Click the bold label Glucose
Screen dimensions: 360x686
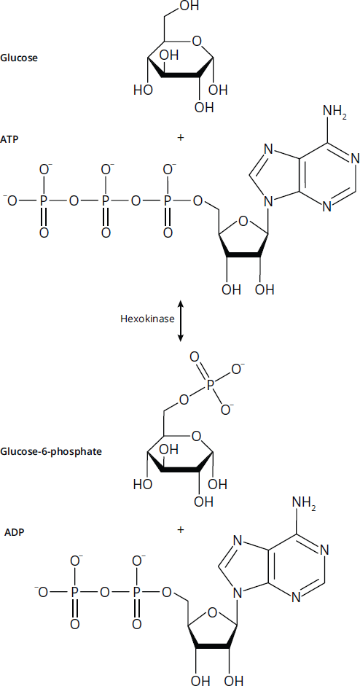click(19, 58)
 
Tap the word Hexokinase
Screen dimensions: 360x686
click(147, 319)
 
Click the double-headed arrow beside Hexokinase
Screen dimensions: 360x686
click(180, 321)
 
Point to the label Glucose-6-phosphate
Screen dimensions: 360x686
click(51, 451)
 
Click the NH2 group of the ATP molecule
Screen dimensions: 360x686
click(335, 110)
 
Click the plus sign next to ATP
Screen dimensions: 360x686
click(180, 137)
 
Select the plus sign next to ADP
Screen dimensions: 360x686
click(180, 530)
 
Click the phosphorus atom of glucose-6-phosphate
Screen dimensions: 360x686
click(211, 385)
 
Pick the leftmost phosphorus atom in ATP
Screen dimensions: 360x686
click(43, 201)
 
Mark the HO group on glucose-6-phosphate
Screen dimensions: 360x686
click(143, 484)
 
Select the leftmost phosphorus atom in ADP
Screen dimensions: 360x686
click(75, 593)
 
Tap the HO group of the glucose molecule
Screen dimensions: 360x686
click(143, 90)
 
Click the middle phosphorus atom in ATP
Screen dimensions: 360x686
click(106, 201)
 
